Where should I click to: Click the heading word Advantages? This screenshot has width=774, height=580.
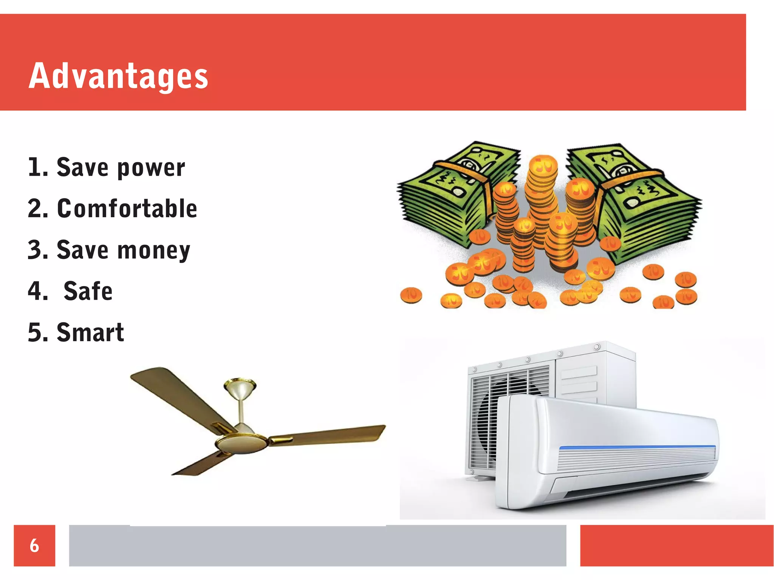[x=118, y=76]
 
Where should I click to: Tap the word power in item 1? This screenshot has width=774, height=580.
[x=151, y=168]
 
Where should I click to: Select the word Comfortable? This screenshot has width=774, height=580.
[x=127, y=209]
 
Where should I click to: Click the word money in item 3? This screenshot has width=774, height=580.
[x=154, y=250]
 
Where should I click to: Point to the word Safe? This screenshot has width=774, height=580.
[x=88, y=291]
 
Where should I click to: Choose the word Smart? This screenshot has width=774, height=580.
[x=90, y=333]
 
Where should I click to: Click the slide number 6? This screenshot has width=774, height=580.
[x=34, y=545]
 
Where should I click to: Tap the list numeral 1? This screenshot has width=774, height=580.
[x=37, y=167]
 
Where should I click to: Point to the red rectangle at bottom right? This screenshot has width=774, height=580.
[x=676, y=545]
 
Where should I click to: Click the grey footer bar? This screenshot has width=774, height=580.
[x=317, y=545]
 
